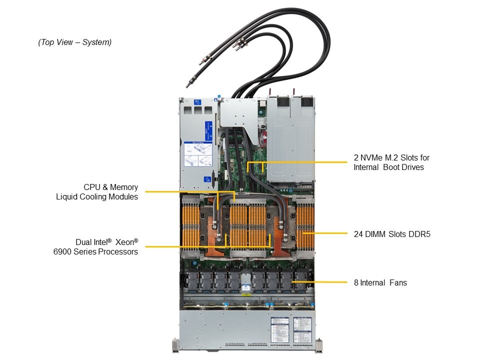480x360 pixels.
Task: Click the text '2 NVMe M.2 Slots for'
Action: pos(391,157)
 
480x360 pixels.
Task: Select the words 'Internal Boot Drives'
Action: pos(388,167)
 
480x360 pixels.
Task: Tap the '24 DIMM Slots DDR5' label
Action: pos(388,233)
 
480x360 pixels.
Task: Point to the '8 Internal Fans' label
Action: pos(380,282)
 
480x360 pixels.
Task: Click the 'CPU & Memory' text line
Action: pos(110,187)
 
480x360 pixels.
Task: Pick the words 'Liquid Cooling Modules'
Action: pos(97,197)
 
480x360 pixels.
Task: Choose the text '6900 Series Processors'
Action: pos(95,251)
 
